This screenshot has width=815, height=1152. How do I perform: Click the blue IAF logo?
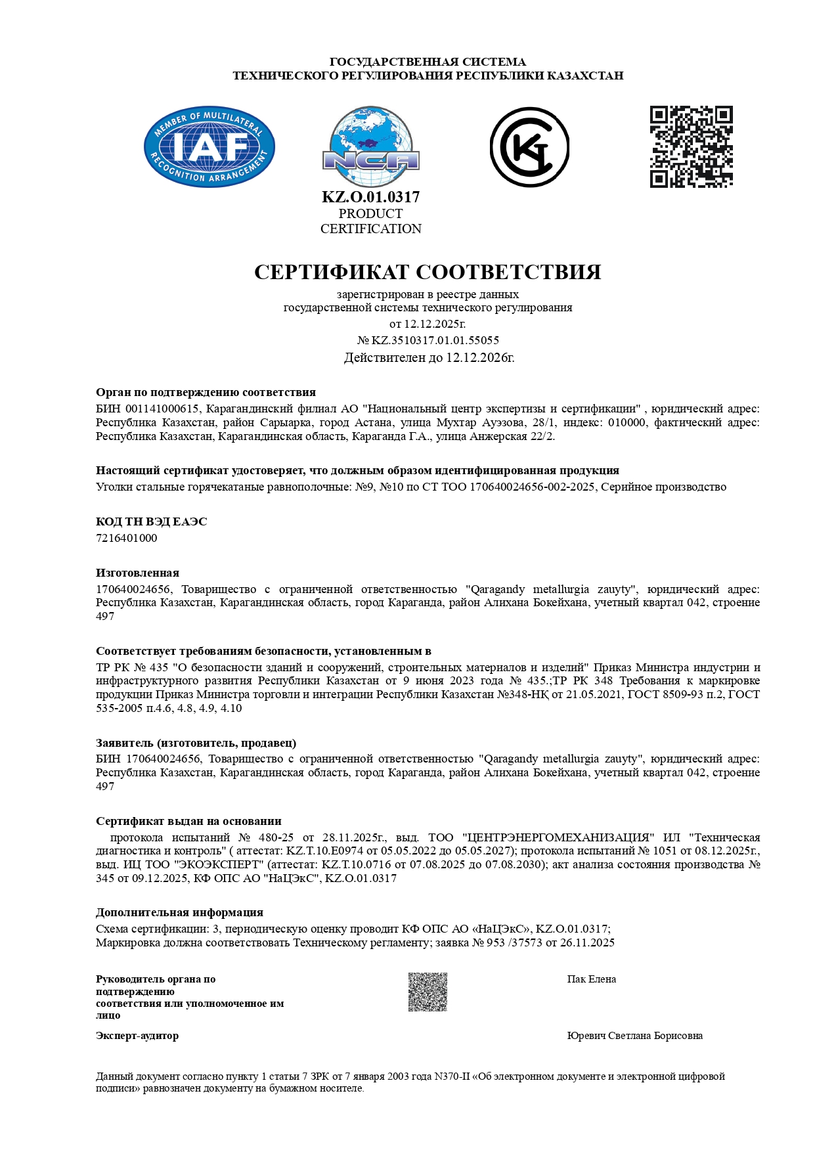tap(209, 146)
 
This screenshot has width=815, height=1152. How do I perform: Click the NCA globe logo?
tap(371, 147)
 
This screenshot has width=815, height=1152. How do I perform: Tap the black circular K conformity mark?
tap(529, 147)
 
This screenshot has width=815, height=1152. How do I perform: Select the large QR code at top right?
tap(691, 146)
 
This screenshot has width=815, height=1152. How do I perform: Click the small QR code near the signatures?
tap(428, 992)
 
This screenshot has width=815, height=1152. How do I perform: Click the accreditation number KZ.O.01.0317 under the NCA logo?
tap(371, 197)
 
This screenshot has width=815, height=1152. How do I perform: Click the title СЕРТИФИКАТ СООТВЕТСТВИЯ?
tap(428, 272)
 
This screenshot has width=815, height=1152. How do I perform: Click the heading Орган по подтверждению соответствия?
tap(206, 393)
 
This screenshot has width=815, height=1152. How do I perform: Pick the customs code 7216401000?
tap(127, 538)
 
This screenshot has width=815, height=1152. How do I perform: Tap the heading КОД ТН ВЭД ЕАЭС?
tap(151, 521)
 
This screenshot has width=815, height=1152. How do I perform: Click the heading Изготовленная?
tap(137, 573)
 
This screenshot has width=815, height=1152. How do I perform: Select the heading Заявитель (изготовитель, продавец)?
tap(196, 743)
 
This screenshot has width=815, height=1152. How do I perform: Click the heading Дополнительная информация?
tap(179, 912)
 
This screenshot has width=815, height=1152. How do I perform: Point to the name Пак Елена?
tap(592, 979)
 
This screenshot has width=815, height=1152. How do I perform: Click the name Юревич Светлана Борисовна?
tap(634, 1036)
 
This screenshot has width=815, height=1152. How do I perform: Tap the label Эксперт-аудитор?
tap(137, 1036)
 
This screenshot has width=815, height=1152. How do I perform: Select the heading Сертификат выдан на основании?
tap(188, 821)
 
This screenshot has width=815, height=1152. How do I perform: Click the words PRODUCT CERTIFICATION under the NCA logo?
tap(371, 221)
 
